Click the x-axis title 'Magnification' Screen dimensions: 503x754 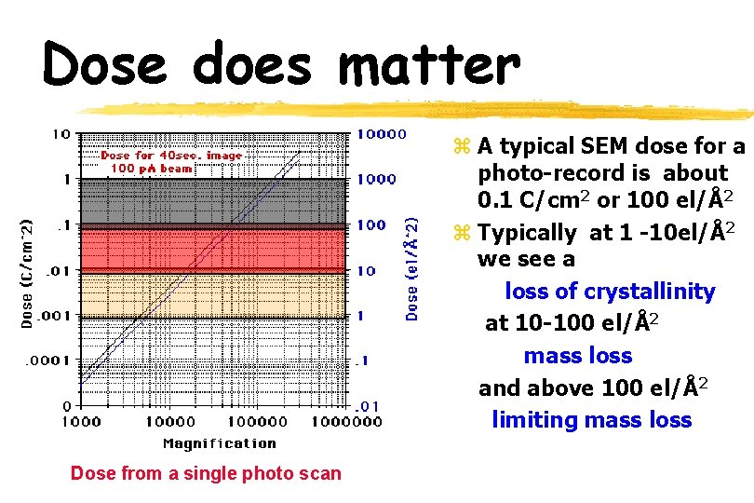tap(220, 443)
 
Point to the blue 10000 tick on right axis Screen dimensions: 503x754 tap(382, 134)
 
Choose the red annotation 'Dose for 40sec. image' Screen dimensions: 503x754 tap(170, 156)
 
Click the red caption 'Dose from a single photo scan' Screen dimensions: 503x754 tap(206, 473)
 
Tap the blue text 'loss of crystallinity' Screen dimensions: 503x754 tap(610, 292)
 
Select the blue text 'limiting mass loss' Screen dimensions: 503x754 tap(591, 420)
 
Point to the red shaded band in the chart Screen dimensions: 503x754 tap(214, 250)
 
